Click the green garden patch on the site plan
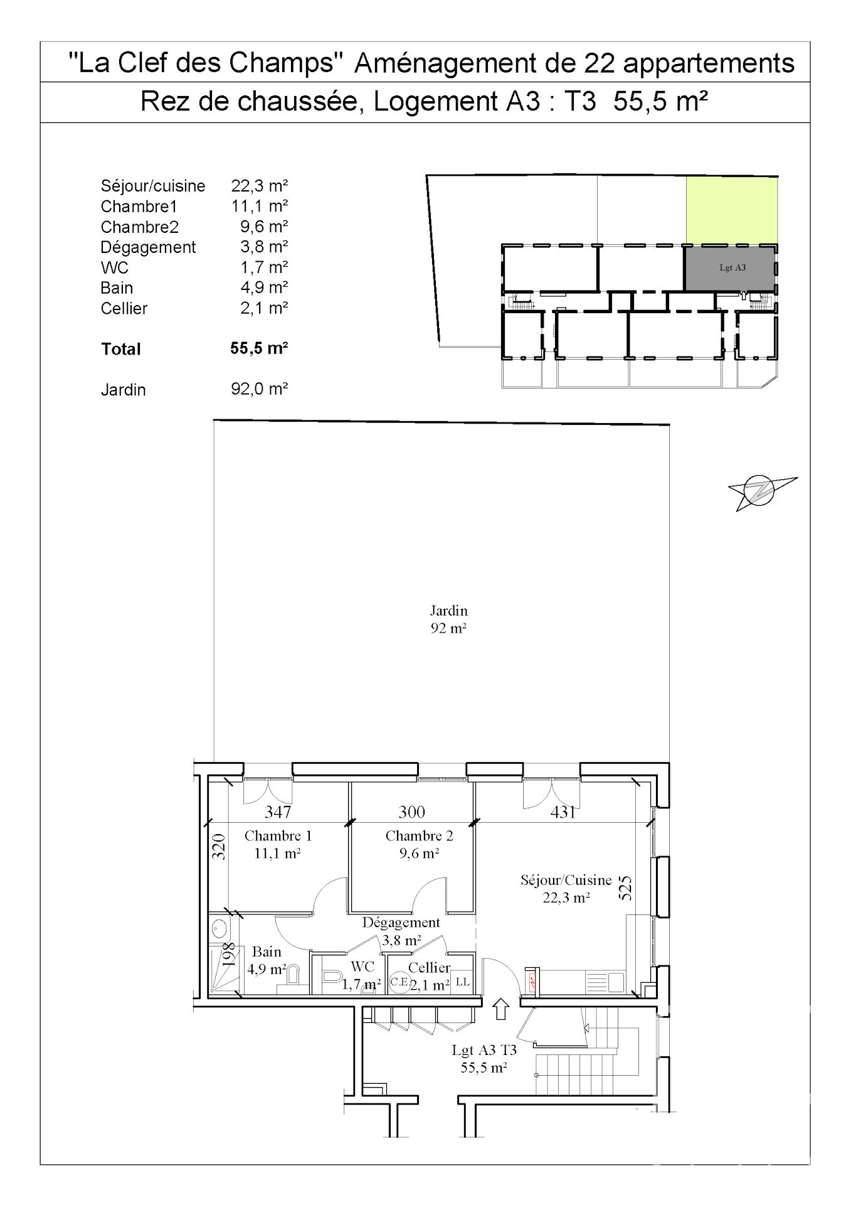point(731,210)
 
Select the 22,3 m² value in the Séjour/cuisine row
point(259,186)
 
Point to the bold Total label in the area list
point(121,349)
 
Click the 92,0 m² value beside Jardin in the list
point(259,389)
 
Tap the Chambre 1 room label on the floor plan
point(278,836)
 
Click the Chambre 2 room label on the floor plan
point(419,836)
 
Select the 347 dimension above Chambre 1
point(278,811)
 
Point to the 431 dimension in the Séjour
point(563,811)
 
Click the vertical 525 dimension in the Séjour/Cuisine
point(625,888)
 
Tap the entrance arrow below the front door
point(500,1009)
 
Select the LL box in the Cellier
point(462,982)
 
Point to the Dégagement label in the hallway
point(401,923)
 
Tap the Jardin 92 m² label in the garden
point(448,619)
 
